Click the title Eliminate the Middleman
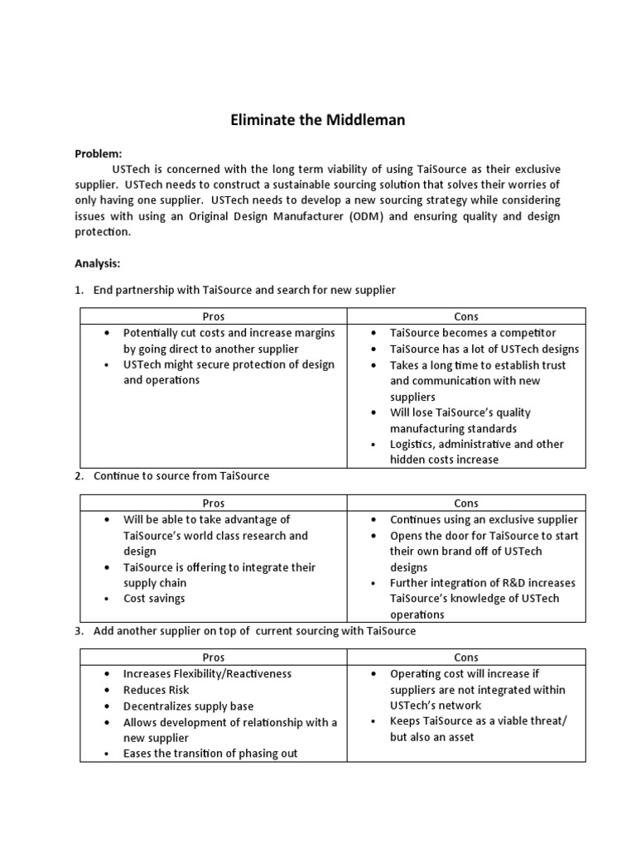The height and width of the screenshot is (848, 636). pyautogui.click(x=317, y=121)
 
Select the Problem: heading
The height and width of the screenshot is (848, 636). pyautogui.click(x=98, y=153)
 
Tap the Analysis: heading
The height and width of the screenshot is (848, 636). pyautogui.click(x=98, y=263)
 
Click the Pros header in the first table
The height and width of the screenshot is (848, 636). pyautogui.click(x=214, y=316)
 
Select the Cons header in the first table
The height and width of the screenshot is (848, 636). pyautogui.click(x=466, y=316)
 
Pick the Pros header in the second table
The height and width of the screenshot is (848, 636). pyautogui.click(x=214, y=503)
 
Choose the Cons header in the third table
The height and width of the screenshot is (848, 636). pyautogui.click(x=466, y=658)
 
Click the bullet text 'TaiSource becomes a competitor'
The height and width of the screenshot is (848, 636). pyautogui.click(x=473, y=333)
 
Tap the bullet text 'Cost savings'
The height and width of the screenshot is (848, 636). pyautogui.click(x=154, y=598)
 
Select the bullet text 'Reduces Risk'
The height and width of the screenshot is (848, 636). pyautogui.click(x=156, y=690)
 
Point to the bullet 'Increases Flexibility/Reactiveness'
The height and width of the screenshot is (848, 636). pyautogui.click(x=207, y=674)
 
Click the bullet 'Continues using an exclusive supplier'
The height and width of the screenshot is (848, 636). pyautogui.click(x=484, y=520)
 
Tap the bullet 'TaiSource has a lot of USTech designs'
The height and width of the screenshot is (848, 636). pyautogui.click(x=484, y=349)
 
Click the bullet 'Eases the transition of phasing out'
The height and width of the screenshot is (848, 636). pyautogui.click(x=210, y=754)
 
